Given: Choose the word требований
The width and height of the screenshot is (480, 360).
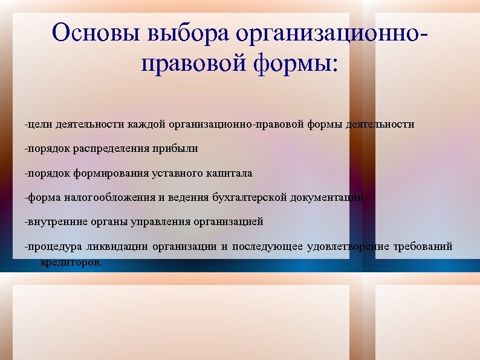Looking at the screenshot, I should coord(423,247).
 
